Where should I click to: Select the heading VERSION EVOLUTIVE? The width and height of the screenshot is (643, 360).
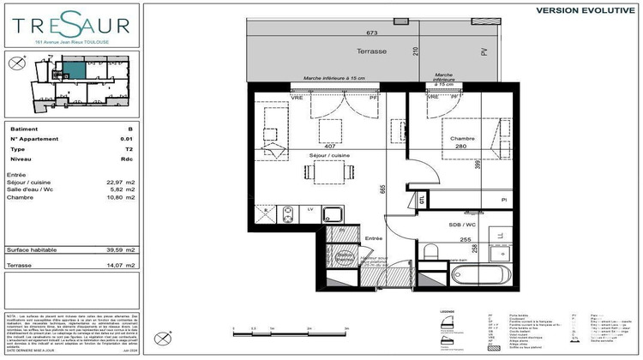(585, 10)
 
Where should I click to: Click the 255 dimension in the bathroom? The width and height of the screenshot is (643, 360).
(466, 240)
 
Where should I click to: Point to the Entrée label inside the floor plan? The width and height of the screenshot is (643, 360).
(373, 238)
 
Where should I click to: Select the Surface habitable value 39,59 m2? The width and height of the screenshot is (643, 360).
(124, 249)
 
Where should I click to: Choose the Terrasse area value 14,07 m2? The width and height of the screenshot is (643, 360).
(124, 267)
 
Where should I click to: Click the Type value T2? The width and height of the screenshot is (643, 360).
(127, 147)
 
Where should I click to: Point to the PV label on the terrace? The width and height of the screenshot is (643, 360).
(483, 51)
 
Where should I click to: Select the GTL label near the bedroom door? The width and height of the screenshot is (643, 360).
(422, 199)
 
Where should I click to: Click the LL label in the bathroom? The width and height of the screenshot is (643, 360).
(501, 233)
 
